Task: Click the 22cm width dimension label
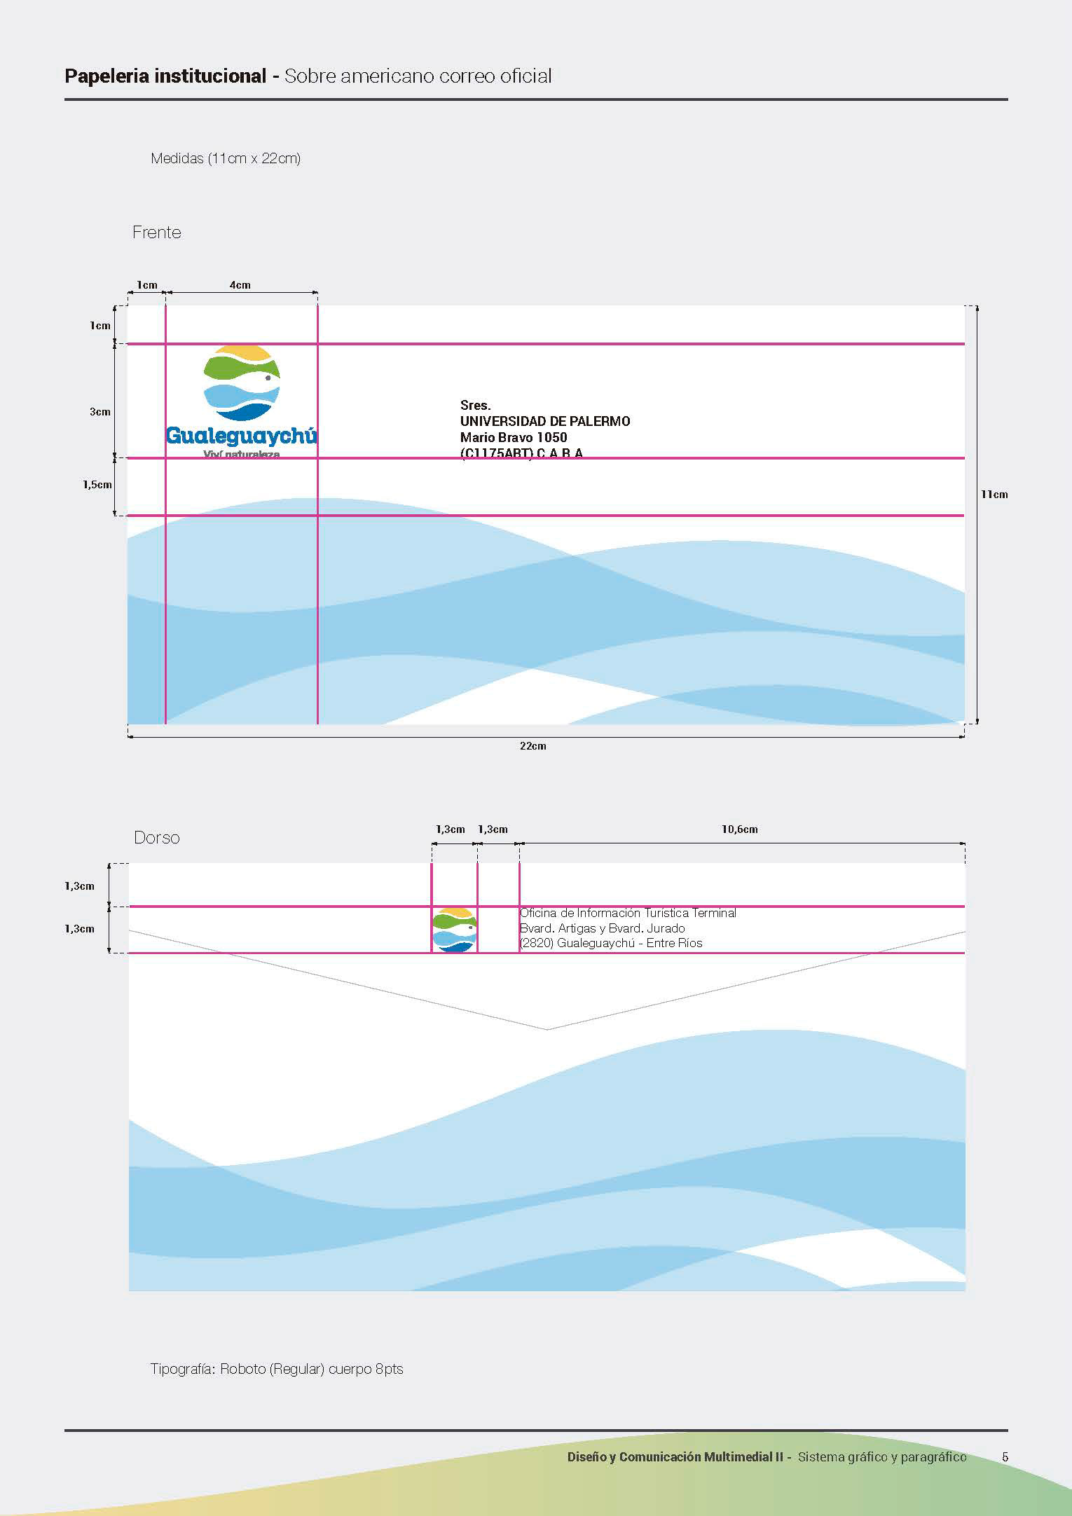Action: (532, 746)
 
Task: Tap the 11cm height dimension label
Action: (994, 495)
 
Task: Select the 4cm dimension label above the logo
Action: (240, 285)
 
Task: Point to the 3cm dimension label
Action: (99, 412)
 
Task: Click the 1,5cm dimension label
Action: (97, 485)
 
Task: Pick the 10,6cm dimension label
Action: (739, 829)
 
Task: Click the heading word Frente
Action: (156, 233)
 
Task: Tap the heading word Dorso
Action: (156, 838)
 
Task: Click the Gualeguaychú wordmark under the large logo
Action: (241, 436)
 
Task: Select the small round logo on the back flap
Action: (454, 930)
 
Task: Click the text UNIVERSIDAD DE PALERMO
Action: (545, 421)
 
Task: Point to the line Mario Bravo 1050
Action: (514, 437)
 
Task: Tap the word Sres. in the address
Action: (475, 405)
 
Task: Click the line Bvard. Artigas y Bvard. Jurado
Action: (602, 928)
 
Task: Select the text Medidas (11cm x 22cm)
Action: (226, 158)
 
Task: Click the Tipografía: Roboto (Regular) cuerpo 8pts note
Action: (277, 1369)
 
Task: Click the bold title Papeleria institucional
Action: (165, 76)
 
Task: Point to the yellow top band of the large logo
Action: (242, 352)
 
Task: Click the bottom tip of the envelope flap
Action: (547, 1029)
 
